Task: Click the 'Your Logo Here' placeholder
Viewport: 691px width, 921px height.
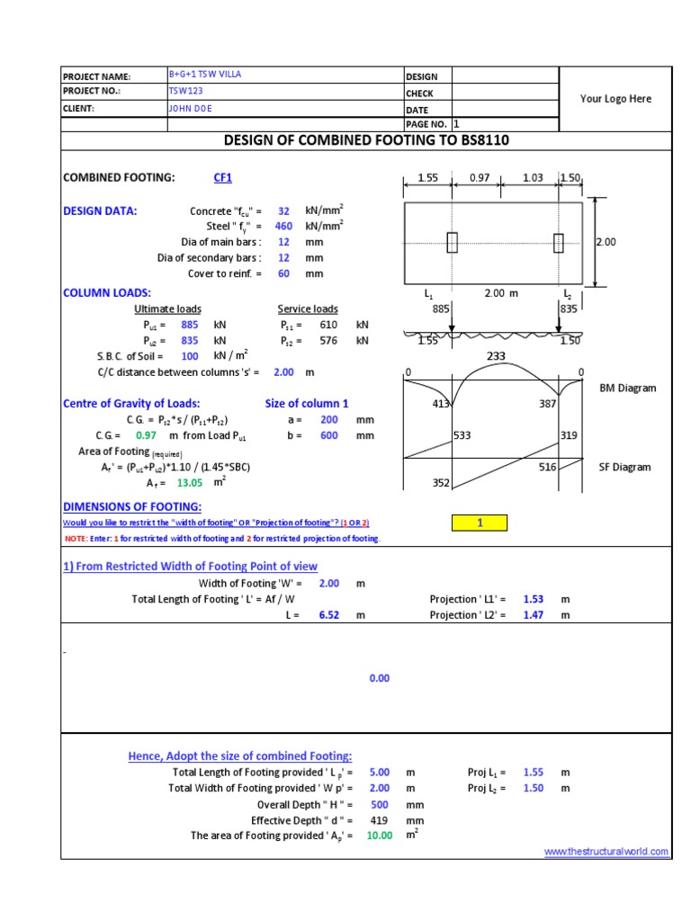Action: click(x=615, y=99)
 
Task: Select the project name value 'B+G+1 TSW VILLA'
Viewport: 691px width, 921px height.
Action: click(x=205, y=76)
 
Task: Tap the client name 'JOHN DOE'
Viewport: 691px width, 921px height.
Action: click(x=191, y=108)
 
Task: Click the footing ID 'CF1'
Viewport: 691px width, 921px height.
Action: click(x=223, y=178)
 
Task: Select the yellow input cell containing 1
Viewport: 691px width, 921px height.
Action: click(x=480, y=523)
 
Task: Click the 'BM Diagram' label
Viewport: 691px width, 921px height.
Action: click(x=628, y=389)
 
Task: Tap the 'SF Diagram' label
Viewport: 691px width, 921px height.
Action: click(x=624, y=467)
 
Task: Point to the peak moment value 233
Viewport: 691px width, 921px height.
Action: click(x=496, y=356)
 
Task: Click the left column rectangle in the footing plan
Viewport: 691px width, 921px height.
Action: click(x=452, y=243)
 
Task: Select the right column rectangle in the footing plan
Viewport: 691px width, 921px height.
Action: click(x=559, y=243)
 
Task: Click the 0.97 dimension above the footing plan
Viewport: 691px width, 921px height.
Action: click(x=480, y=178)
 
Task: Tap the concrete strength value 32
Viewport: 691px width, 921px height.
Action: click(x=284, y=211)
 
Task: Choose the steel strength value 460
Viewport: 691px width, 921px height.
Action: click(x=284, y=227)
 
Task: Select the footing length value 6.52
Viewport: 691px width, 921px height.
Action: click(x=329, y=615)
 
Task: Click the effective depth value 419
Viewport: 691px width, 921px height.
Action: click(x=379, y=820)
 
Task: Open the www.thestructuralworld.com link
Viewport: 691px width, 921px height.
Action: click(x=606, y=851)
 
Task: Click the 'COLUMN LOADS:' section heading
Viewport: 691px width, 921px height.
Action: click(x=107, y=293)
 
